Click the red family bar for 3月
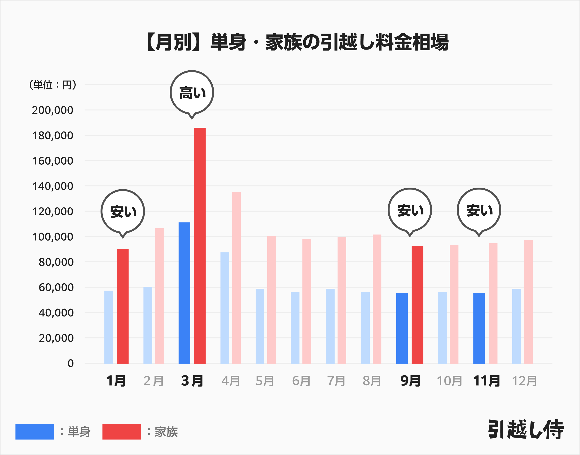[200, 245]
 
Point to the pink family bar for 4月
[236, 277]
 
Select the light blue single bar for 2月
[147, 325]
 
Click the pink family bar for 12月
[528, 301]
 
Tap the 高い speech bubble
[192, 93]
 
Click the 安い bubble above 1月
[123, 212]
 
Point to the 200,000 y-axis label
[52, 110]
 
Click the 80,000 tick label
[56, 262]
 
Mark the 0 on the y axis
[71, 363]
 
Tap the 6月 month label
[301, 381]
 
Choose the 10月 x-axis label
[449, 381]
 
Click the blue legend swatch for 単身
[35, 432]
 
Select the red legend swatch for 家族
[122, 432]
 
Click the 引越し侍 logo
[526, 429]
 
